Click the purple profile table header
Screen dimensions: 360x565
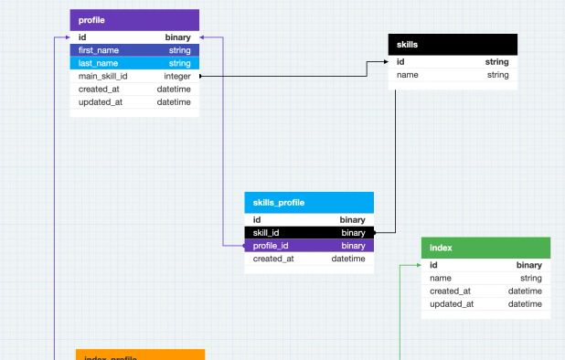pos(133,19)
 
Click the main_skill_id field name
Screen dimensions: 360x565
pos(103,77)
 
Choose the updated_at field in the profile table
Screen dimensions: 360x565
pos(101,102)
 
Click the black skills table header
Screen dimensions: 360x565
pos(453,44)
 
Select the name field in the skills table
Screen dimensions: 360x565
pos(408,75)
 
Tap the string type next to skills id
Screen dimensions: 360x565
pos(496,62)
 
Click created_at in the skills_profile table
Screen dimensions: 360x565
pos(273,259)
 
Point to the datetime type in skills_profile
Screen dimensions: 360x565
pos(347,259)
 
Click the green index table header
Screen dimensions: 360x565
pos(485,248)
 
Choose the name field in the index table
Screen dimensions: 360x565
pos(441,278)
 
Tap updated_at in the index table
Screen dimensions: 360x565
pos(452,303)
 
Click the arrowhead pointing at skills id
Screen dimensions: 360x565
pos(386,62)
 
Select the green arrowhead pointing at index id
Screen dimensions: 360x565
pos(418,265)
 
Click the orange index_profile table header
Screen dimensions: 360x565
pos(139,355)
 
